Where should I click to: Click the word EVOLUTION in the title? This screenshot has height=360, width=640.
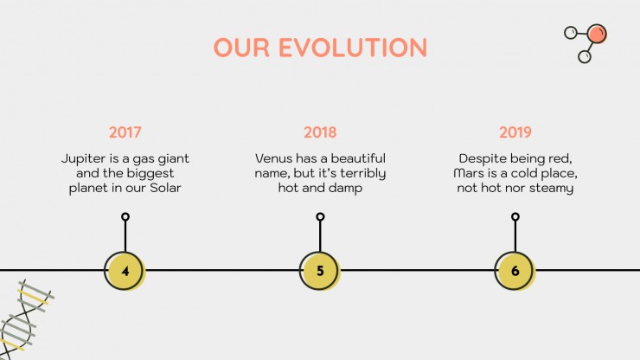tap(353, 48)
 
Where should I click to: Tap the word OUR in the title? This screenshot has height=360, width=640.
tap(241, 48)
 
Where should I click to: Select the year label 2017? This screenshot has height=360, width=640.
tap(125, 132)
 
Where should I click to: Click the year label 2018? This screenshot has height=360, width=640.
tap(320, 132)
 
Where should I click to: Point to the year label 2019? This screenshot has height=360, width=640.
tap(515, 132)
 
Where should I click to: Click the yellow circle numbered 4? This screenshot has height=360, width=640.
tap(125, 271)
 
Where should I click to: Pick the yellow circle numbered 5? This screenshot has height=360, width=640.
tap(320, 271)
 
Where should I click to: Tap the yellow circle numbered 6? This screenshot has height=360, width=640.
tap(515, 271)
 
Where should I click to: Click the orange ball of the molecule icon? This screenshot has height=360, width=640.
tap(597, 34)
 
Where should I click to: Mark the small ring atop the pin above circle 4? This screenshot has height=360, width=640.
tap(125, 216)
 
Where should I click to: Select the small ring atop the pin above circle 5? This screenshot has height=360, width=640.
tap(320, 216)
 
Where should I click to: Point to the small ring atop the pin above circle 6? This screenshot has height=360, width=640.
tap(515, 216)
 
